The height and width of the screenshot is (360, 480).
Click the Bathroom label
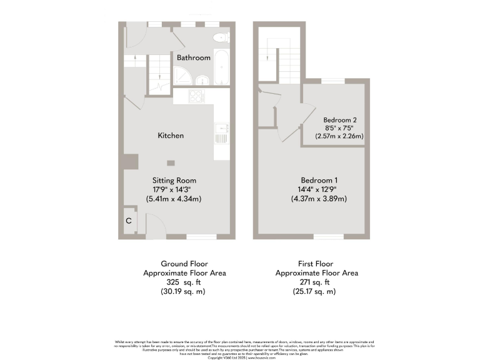pyautogui.click(x=193, y=57)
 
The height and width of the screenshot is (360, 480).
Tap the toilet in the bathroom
pyautogui.click(x=220, y=37)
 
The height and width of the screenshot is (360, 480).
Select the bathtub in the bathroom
pyautogui.click(x=221, y=67)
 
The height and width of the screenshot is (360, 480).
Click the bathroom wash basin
pyautogui.click(x=203, y=80)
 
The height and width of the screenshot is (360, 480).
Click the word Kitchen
pyautogui.click(x=170, y=136)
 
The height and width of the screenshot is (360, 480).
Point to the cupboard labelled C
pyautogui.click(x=129, y=221)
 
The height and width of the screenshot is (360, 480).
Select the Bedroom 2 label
pyautogui.click(x=340, y=119)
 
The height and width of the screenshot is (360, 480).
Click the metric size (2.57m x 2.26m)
pyautogui.click(x=340, y=136)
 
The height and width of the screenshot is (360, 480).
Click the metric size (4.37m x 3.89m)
pyautogui.click(x=319, y=199)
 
